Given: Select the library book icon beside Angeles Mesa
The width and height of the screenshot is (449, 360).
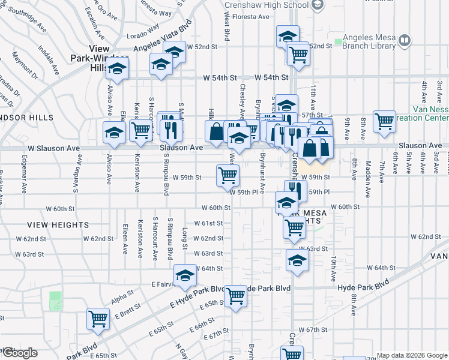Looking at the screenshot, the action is [405, 41].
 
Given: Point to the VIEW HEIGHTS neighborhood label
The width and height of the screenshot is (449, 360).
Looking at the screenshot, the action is [58, 225].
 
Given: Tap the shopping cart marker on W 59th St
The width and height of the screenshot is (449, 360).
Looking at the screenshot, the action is [228, 175].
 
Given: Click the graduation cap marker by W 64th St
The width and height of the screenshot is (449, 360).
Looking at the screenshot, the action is [297, 260].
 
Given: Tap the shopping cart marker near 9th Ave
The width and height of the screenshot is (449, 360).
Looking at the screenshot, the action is [384, 121].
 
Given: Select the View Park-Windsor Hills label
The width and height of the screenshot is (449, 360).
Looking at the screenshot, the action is [99, 58].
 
